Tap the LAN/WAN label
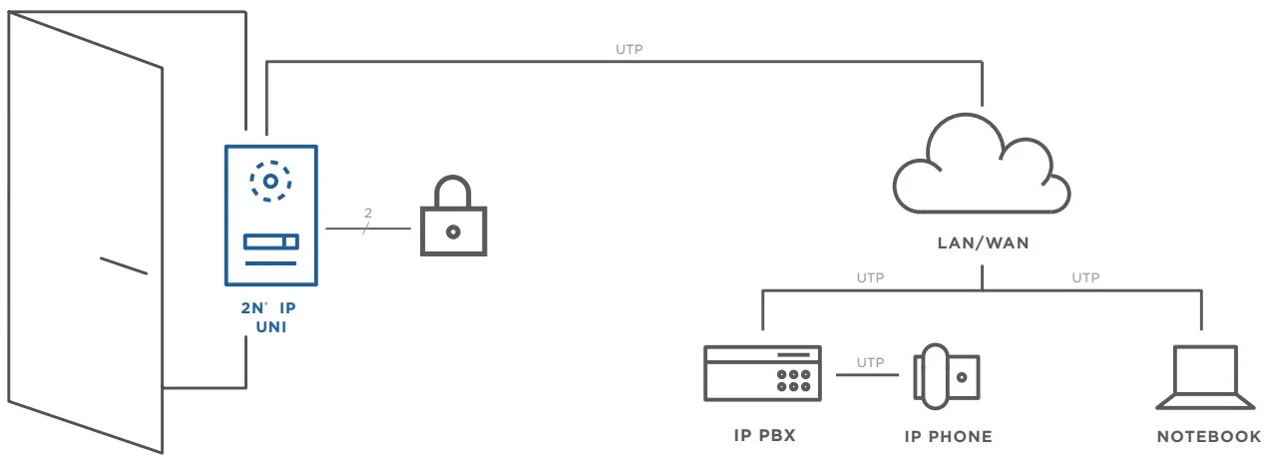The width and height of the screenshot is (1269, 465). click(983, 242)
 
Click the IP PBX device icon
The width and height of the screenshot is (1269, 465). click(762, 372)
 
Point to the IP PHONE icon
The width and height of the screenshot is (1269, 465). click(946, 377)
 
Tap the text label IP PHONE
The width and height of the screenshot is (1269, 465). click(948, 436)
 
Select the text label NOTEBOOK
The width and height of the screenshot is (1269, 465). click(1209, 436)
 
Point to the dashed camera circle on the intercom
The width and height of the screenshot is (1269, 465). click(270, 181)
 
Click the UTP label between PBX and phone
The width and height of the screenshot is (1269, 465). click(870, 362)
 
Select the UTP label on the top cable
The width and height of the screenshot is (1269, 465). click(629, 48)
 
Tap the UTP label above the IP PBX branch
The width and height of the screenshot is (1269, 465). click(870, 277)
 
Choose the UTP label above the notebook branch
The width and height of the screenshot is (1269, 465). click(1085, 277)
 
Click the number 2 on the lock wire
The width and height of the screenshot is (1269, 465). click(368, 214)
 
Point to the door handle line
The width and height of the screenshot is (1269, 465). click(124, 265)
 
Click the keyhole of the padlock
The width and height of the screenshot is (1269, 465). click(453, 232)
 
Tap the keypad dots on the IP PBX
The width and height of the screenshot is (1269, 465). click(793, 378)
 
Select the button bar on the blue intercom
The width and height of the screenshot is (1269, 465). click(270, 241)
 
